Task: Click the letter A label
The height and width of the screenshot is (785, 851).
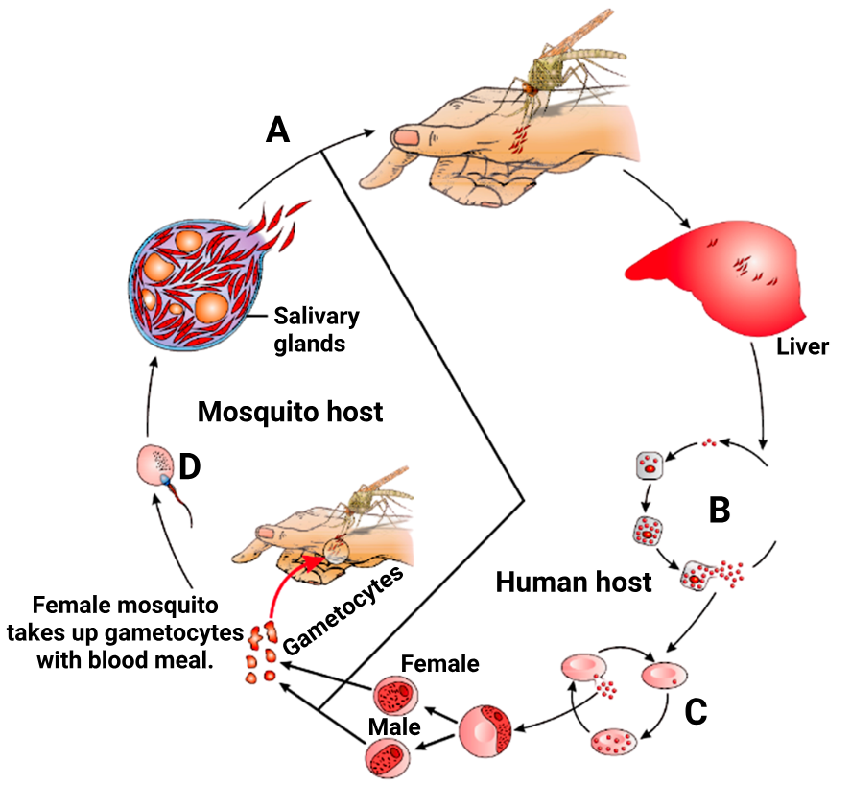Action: point(278,128)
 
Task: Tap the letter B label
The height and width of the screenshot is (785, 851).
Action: point(719,509)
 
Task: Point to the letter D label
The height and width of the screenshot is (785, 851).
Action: point(190,466)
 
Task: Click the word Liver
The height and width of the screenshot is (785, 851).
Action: point(802,345)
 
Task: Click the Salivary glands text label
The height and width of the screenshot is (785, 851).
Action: point(316,329)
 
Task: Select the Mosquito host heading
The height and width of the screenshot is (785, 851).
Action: point(290,413)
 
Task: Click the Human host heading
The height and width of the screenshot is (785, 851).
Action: point(574,581)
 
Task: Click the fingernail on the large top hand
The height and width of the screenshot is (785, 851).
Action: point(408,138)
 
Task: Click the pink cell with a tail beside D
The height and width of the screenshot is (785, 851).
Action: point(154,464)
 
